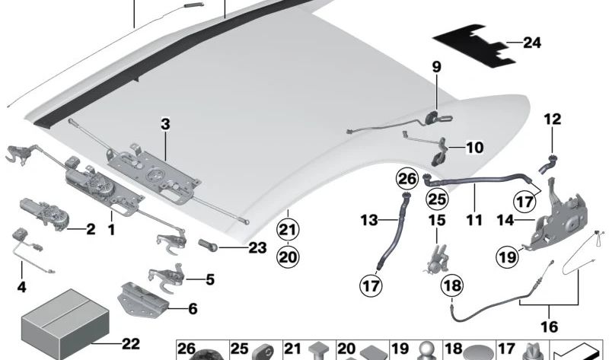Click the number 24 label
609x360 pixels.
point(531,43)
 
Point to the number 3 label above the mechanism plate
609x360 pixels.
point(166,124)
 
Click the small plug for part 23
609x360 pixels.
point(210,246)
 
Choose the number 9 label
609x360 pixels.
point(437,68)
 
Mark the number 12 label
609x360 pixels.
point(551,119)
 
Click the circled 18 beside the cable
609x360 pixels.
point(452,286)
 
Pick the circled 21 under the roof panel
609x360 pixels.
point(287,229)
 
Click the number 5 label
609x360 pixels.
point(210,279)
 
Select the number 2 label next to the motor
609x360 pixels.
point(90,228)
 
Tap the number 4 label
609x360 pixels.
point(21,288)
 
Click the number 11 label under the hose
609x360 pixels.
point(475,221)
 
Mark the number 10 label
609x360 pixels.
point(474,146)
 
